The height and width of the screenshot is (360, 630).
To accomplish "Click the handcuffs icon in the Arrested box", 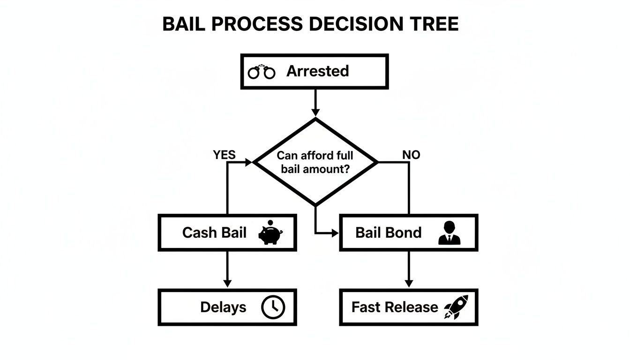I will pos(262,72).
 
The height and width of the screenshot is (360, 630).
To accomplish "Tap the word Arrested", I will pos(317,71).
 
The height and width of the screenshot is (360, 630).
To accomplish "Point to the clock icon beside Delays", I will pos(272,307).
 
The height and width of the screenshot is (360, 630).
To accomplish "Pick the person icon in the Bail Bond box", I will pos(449,232).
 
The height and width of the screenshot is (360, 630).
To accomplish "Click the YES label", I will pos(224,155).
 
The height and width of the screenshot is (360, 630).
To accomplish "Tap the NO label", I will pos(411,155).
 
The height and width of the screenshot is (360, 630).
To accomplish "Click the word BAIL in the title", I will pos(184,24).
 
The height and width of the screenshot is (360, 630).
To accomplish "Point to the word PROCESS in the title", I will pos(255,24).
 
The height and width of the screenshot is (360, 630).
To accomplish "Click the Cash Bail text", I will pos(214,232).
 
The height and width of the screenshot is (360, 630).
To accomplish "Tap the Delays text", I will pos(223,307).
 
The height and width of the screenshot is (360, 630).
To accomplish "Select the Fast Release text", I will pos(395,307).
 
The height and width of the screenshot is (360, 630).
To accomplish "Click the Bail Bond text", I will pos(388,232).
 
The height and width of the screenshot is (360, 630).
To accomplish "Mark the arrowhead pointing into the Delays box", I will pos(227,284).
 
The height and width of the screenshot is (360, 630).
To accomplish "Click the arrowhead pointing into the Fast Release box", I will pos(409,284).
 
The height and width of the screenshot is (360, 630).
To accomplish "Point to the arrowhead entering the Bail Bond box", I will pos(335,232).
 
